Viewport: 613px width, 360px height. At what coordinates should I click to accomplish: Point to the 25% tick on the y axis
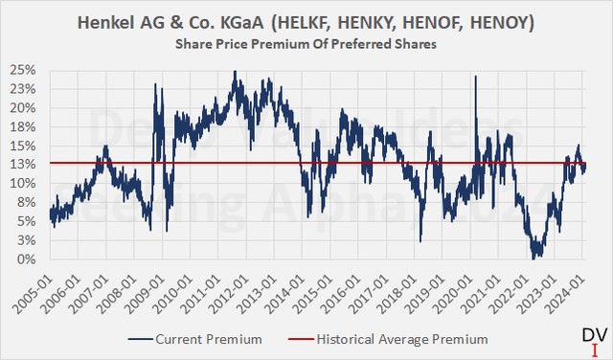pyautogui.click(x=23, y=70)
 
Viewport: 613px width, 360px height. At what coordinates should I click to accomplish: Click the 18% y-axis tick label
pyautogui.click(x=23, y=126)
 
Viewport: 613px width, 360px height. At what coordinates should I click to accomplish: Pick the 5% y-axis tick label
pyautogui.click(x=26, y=221)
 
